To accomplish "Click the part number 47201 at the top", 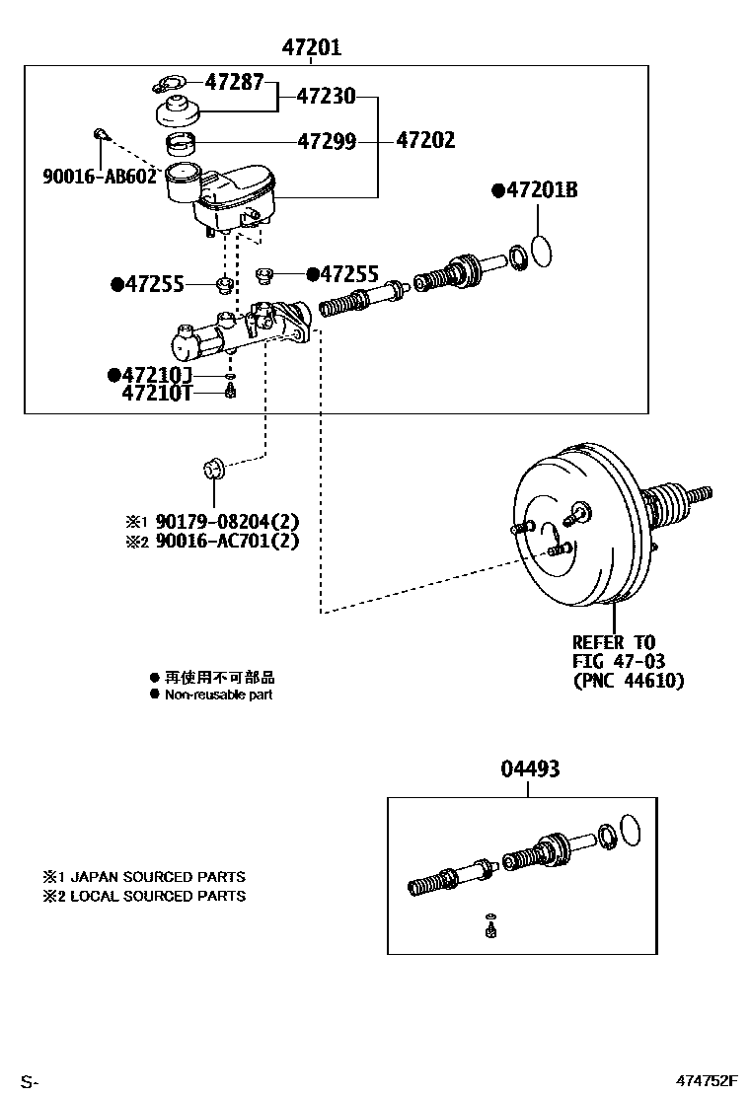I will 312,46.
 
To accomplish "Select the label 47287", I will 234,83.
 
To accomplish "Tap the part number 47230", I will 327,97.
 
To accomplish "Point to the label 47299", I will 327,141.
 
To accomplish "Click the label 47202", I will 425,141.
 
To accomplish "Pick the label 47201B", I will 541,190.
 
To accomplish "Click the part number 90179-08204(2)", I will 225,521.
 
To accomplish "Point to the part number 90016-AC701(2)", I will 225,541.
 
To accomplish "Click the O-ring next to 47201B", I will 541,252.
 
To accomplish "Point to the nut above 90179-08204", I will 213,467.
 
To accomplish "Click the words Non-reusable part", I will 218,695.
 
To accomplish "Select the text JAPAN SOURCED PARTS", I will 158,876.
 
